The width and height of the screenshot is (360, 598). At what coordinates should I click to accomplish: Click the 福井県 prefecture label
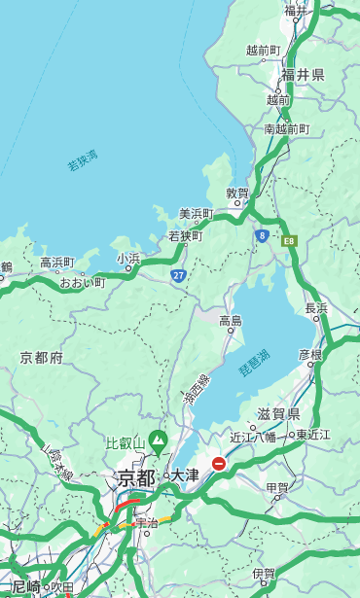click(303, 75)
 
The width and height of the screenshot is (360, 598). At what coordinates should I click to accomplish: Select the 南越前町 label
click(286, 128)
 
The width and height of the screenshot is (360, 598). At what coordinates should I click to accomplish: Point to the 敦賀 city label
click(237, 193)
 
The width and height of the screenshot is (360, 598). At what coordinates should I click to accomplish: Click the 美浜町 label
click(196, 214)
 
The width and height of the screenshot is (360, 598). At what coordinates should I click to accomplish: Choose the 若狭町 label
click(185, 236)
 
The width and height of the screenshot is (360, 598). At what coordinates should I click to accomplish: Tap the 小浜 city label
click(128, 259)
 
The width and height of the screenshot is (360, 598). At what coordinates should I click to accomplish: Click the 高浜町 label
click(56, 263)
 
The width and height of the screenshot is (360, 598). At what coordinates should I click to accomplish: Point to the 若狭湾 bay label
click(83, 159)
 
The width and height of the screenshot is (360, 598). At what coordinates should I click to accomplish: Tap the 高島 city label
click(231, 321)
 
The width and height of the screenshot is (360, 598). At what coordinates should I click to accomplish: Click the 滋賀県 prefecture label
click(278, 414)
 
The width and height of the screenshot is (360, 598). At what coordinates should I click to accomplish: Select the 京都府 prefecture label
click(42, 358)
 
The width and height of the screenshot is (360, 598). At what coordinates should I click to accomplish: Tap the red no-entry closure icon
click(219, 464)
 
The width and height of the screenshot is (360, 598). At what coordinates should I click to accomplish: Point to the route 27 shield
click(179, 275)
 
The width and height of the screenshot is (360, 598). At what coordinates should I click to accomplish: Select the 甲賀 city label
click(277, 487)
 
